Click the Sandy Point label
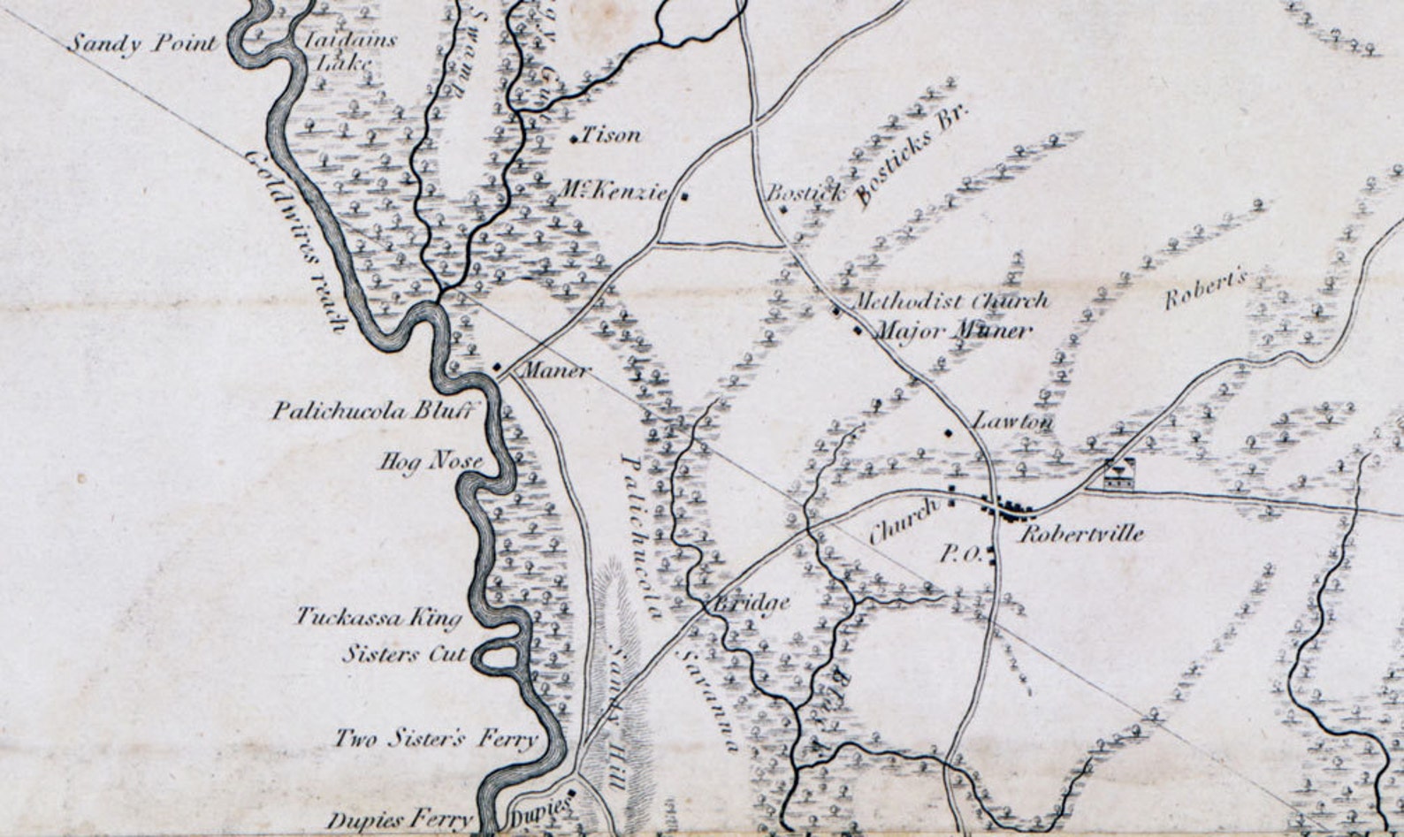tap(142, 43)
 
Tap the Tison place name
tap(611, 135)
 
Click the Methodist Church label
tap(950, 301)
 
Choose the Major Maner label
tap(952, 331)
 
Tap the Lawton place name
tap(1013, 422)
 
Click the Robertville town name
tap(1082, 534)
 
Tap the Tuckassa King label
tap(378, 617)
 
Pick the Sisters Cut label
tap(405, 654)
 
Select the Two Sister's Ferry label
tap(435, 738)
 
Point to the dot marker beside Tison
tap(574, 139)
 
